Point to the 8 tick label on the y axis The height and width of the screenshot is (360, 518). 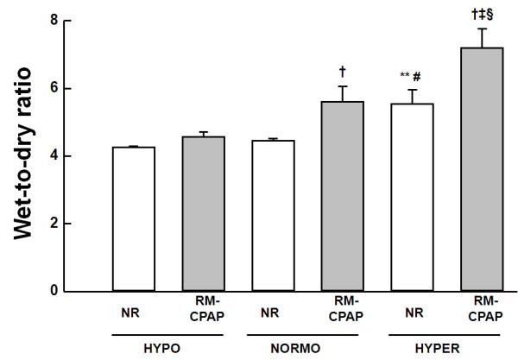pos(66,21)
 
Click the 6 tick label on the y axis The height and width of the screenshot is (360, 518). pos(66,89)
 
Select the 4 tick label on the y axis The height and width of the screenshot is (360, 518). pos(66,156)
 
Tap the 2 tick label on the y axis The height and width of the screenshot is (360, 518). pos(66,224)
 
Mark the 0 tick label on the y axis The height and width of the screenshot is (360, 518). pos(66,291)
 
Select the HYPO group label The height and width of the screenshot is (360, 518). pos(168,349)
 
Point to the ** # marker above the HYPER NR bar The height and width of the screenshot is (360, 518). pos(409,75)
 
